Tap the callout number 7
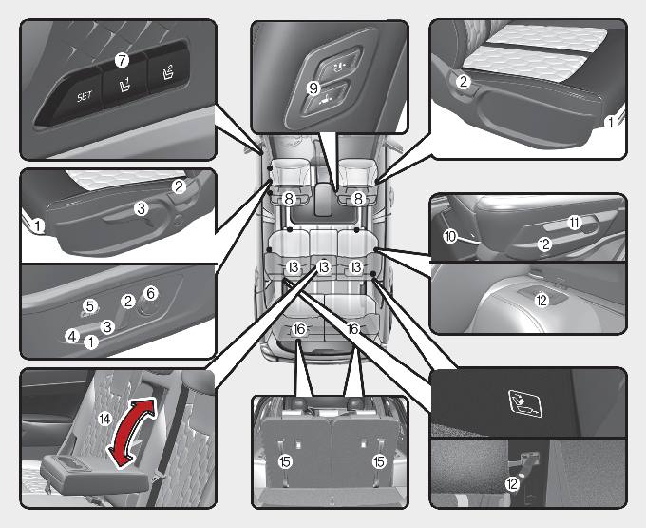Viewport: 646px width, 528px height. (x=122, y=61)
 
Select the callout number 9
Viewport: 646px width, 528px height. (x=313, y=88)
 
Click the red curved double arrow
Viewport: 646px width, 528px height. (x=131, y=432)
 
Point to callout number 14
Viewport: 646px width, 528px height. (x=104, y=420)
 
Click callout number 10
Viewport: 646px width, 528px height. (x=450, y=236)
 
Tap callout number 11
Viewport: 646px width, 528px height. (x=574, y=223)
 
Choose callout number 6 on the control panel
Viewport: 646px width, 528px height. (x=151, y=293)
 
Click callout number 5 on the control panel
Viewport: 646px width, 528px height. (x=90, y=306)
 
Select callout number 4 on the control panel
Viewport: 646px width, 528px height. (x=72, y=336)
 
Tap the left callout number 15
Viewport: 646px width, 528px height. (x=285, y=461)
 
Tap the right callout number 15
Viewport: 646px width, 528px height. (x=379, y=461)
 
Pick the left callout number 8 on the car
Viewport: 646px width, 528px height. (x=289, y=199)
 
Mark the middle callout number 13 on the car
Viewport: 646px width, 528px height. (x=324, y=267)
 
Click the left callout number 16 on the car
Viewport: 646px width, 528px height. (x=299, y=329)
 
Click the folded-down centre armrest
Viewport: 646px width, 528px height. (x=94, y=475)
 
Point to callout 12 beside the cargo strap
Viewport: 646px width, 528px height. (x=512, y=484)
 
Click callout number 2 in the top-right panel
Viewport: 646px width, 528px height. (x=464, y=82)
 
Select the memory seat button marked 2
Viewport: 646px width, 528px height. (x=168, y=73)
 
